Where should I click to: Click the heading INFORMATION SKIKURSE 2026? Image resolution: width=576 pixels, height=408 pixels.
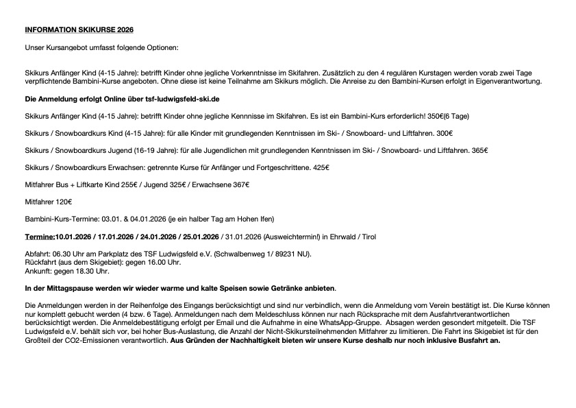coord(79,30)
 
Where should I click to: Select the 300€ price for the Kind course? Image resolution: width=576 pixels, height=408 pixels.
coord(444,132)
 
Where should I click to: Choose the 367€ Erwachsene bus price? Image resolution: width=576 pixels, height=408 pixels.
coord(240,184)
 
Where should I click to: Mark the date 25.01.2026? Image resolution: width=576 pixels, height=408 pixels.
coord(198,237)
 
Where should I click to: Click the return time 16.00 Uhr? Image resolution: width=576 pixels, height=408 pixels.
coord(161,262)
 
